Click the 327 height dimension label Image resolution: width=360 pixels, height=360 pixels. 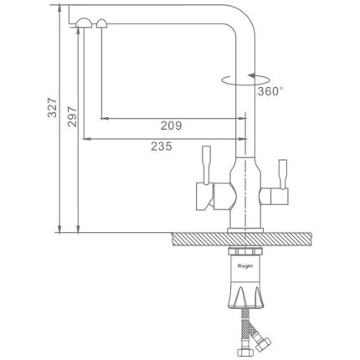(52, 108)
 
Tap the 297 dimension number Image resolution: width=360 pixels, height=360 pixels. (72, 116)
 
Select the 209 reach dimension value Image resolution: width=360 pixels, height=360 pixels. (171, 126)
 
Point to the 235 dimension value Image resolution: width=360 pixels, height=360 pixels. (162, 146)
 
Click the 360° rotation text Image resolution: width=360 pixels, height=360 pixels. (270, 91)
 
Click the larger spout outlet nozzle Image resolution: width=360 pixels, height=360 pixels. (84, 23)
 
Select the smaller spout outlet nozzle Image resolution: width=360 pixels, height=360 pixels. (101, 23)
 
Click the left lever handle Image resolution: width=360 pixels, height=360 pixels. (206, 165)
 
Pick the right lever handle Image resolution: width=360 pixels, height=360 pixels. (283, 174)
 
